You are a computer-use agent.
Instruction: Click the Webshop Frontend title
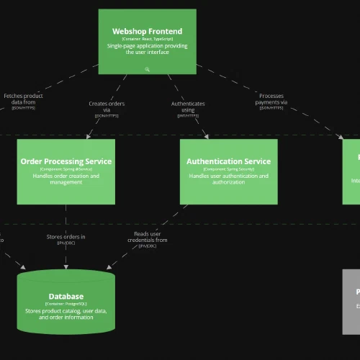pos(147,31)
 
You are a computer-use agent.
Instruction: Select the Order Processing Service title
pos(66,161)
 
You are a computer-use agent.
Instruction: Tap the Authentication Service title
pos(228,161)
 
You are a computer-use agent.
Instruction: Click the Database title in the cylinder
pos(66,296)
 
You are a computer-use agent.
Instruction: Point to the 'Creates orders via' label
pos(107,107)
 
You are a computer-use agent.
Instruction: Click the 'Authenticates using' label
pos(188,107)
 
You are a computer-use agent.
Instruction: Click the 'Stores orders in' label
pos(66,236)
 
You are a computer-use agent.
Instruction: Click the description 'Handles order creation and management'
pos(66,179)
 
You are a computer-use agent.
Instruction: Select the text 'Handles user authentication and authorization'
pos(228,179)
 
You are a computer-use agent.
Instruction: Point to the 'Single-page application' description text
pos(147,48)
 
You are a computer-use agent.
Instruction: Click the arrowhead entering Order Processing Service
pos(87,135)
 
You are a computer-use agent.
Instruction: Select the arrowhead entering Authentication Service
pos(207,135)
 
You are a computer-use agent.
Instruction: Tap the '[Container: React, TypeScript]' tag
pos(147,39)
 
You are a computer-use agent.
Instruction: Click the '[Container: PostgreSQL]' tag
pos(66,304)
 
